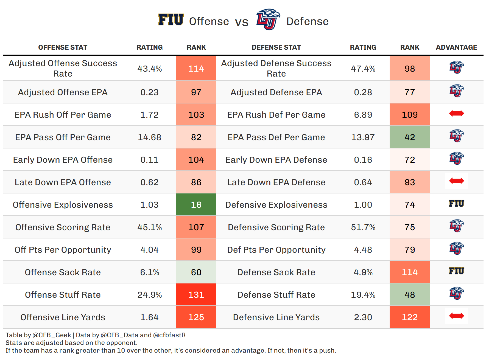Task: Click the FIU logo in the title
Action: point(171,20)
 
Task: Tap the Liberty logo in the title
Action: point(268,19)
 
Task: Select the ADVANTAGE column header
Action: point(456,47)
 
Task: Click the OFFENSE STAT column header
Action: point(63,47)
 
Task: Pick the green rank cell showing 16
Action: point(196,205)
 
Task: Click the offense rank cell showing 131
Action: point(196,295)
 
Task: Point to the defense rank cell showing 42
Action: point(409,137)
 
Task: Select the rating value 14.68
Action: point(149,137)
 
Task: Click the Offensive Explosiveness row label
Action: point(63,205)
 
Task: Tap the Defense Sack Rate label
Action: point(276,272)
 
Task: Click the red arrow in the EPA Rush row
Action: point(456,113)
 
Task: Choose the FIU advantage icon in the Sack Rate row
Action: point(456,271)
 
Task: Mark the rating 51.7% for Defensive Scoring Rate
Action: point(363,227)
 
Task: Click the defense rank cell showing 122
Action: point(409,317)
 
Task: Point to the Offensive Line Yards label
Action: point(63,317)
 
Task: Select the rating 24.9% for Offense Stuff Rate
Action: point(149,295)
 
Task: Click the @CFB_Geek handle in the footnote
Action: point(52,335)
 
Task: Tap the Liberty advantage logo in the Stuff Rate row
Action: point(456,293)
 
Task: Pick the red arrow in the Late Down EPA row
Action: point(456,181)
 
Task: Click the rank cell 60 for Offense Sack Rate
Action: point(196,272)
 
